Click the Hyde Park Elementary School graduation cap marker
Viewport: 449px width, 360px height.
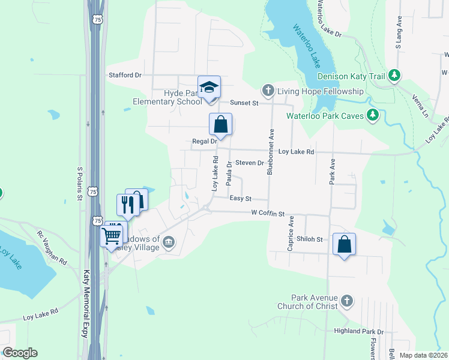point(209,87)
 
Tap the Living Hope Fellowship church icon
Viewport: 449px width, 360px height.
point(268,91)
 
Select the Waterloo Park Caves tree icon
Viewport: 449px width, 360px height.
point(373,115)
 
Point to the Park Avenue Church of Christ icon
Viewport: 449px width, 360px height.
point(346,300)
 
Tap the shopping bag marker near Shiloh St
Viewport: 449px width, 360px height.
point(344,244)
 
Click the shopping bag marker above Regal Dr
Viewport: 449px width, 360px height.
point(220,124)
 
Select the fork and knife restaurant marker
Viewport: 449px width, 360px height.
point(128,205)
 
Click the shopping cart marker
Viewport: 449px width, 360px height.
point(112,236)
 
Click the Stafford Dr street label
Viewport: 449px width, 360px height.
point(125,75)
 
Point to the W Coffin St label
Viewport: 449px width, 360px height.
point(267,212)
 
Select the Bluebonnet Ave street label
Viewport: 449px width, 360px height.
point(271,151)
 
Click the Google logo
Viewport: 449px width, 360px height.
point(20,353)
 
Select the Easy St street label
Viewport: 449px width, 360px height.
point(240,198)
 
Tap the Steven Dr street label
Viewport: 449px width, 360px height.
point(250,163)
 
